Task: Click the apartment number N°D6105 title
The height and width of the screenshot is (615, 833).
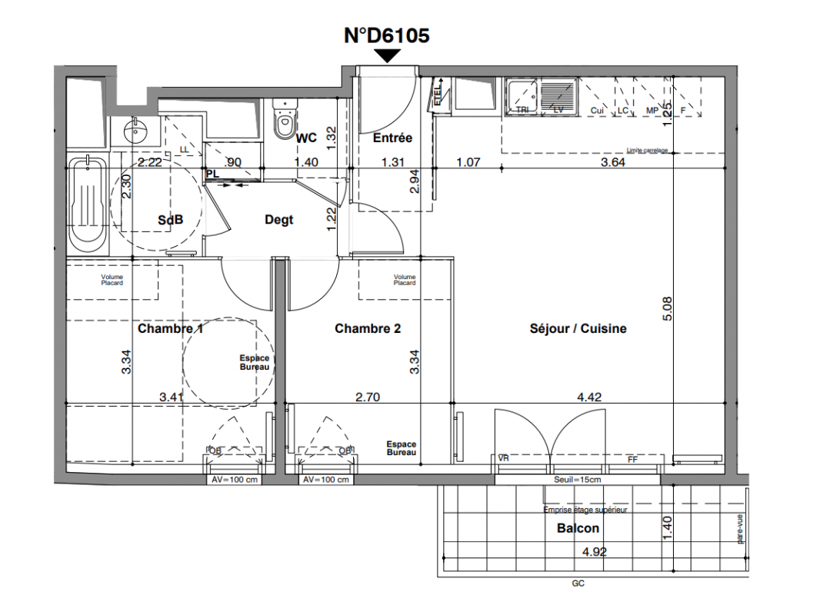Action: [386, 35]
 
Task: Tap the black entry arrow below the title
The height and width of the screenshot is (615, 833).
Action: [388, 55]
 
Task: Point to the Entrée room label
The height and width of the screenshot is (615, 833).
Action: [392, 138]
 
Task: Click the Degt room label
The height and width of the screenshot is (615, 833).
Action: [279, 220]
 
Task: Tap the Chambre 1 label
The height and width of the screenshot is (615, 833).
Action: [170, 329]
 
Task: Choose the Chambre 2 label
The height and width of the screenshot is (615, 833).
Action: [368, 329]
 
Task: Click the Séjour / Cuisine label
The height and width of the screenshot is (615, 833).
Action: [578, 329]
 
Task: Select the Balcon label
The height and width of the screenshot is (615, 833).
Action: [578, 529]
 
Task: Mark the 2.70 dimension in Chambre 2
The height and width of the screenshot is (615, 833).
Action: [368, 398]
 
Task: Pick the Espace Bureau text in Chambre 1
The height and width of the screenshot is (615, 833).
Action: [255, 364]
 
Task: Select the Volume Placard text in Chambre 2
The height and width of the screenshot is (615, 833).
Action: [405, 280]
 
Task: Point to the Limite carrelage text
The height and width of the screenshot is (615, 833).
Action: [648, 151]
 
